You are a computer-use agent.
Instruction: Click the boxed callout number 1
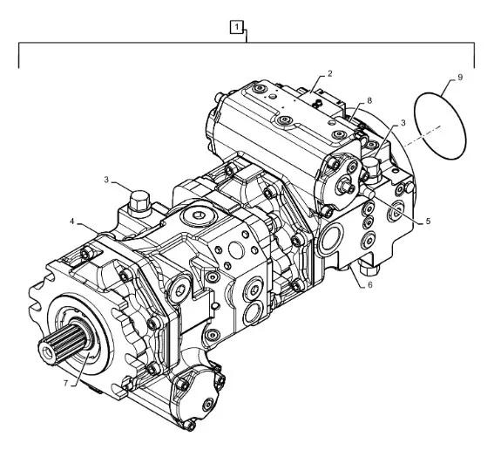237,27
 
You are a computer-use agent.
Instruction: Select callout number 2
330,73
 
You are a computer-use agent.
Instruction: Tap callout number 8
369,100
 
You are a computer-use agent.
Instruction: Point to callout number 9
460,78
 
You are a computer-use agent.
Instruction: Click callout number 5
428,221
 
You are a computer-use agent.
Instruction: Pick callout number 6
370,285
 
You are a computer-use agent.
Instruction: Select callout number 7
66,383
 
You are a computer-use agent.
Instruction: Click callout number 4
72,222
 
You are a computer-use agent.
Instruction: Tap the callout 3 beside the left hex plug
106,180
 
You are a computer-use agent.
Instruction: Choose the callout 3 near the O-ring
403,123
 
